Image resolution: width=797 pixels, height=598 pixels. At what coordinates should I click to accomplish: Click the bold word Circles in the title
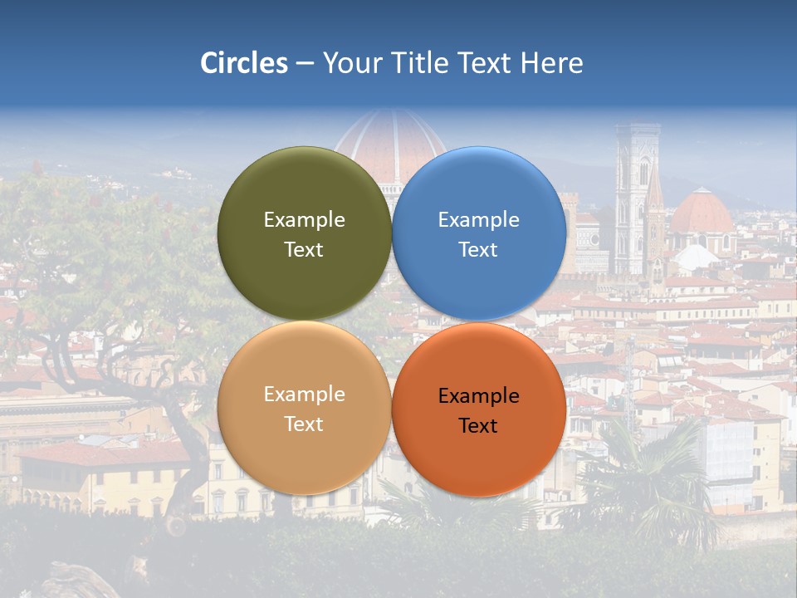(244, 63)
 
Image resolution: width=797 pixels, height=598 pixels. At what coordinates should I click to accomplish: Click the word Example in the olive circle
(304, 220)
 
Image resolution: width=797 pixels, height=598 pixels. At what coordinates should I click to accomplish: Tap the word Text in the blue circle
(478, 250)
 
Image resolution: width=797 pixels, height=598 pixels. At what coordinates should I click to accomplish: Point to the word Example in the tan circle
(304, 395)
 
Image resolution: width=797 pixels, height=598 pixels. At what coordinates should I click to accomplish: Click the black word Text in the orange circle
(478, 426)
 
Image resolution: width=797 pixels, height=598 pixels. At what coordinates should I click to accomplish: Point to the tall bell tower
(636, 199)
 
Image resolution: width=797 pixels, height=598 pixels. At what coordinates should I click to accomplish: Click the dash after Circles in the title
(305, 64)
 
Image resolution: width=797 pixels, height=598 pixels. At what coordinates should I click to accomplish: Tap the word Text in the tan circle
(304, 424)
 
